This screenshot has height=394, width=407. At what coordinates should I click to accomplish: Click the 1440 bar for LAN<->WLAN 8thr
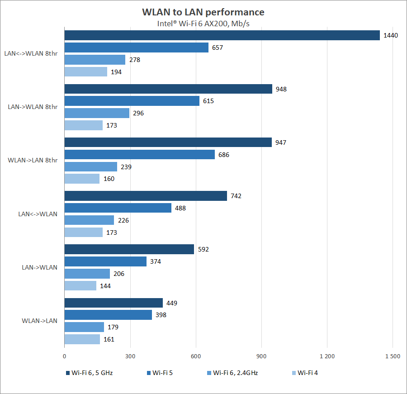[222, 35]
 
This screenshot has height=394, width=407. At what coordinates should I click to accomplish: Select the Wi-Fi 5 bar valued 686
[139, 155]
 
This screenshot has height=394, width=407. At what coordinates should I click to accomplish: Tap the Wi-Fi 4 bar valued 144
[80, 286]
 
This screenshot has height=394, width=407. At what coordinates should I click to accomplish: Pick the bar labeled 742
[146, 196]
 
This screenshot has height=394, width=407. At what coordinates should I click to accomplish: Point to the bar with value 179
[84, 327]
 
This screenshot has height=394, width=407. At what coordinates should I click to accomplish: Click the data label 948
[281, 89]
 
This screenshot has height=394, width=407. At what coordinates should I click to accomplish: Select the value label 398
[161, 315]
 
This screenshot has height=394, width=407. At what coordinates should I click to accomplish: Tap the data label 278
[134, 60]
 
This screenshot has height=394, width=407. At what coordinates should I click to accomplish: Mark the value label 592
[203, 249]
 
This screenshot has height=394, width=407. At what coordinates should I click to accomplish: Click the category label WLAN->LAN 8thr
[33, 160]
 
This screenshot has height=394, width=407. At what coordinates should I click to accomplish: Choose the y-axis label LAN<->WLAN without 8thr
[38, 214]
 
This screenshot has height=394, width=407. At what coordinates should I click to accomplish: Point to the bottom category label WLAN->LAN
[40, 321]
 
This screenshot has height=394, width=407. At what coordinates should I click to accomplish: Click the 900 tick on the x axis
[261, 356]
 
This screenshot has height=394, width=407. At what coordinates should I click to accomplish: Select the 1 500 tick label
[392, 356]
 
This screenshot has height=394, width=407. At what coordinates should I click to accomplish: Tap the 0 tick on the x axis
[65, 356]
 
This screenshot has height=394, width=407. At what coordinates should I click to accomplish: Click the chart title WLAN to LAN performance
[203, 12]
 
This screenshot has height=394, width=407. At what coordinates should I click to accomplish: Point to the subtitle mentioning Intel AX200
[203, 23]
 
